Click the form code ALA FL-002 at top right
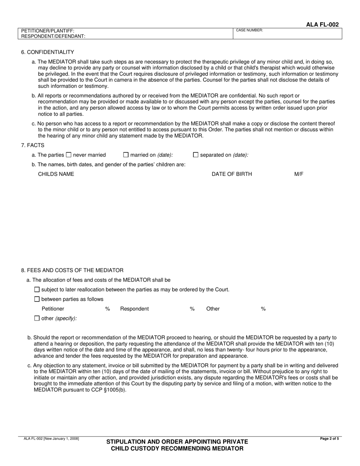pos(322,25)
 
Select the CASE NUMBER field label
pos(249,30)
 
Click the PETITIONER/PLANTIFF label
pos(48,31)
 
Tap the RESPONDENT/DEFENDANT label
pos(53,36)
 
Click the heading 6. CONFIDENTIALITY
pos(48,52)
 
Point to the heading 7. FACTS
pos(33,145)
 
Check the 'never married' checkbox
pos(69,155)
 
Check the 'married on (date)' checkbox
pos(126,155)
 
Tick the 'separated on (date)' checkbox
pos(196,155)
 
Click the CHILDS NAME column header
pos(56,174)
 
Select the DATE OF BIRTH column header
pos(232,174)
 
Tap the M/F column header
pos(299,174)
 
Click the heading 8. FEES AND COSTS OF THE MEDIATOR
pos(72,271)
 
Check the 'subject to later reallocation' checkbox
pos(37,289)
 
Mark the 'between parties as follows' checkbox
pos(37,299)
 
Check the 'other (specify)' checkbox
pos(37,318)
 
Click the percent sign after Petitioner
pos(108,309)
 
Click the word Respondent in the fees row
pos(134,309)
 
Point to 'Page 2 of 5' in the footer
pos(329,439)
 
